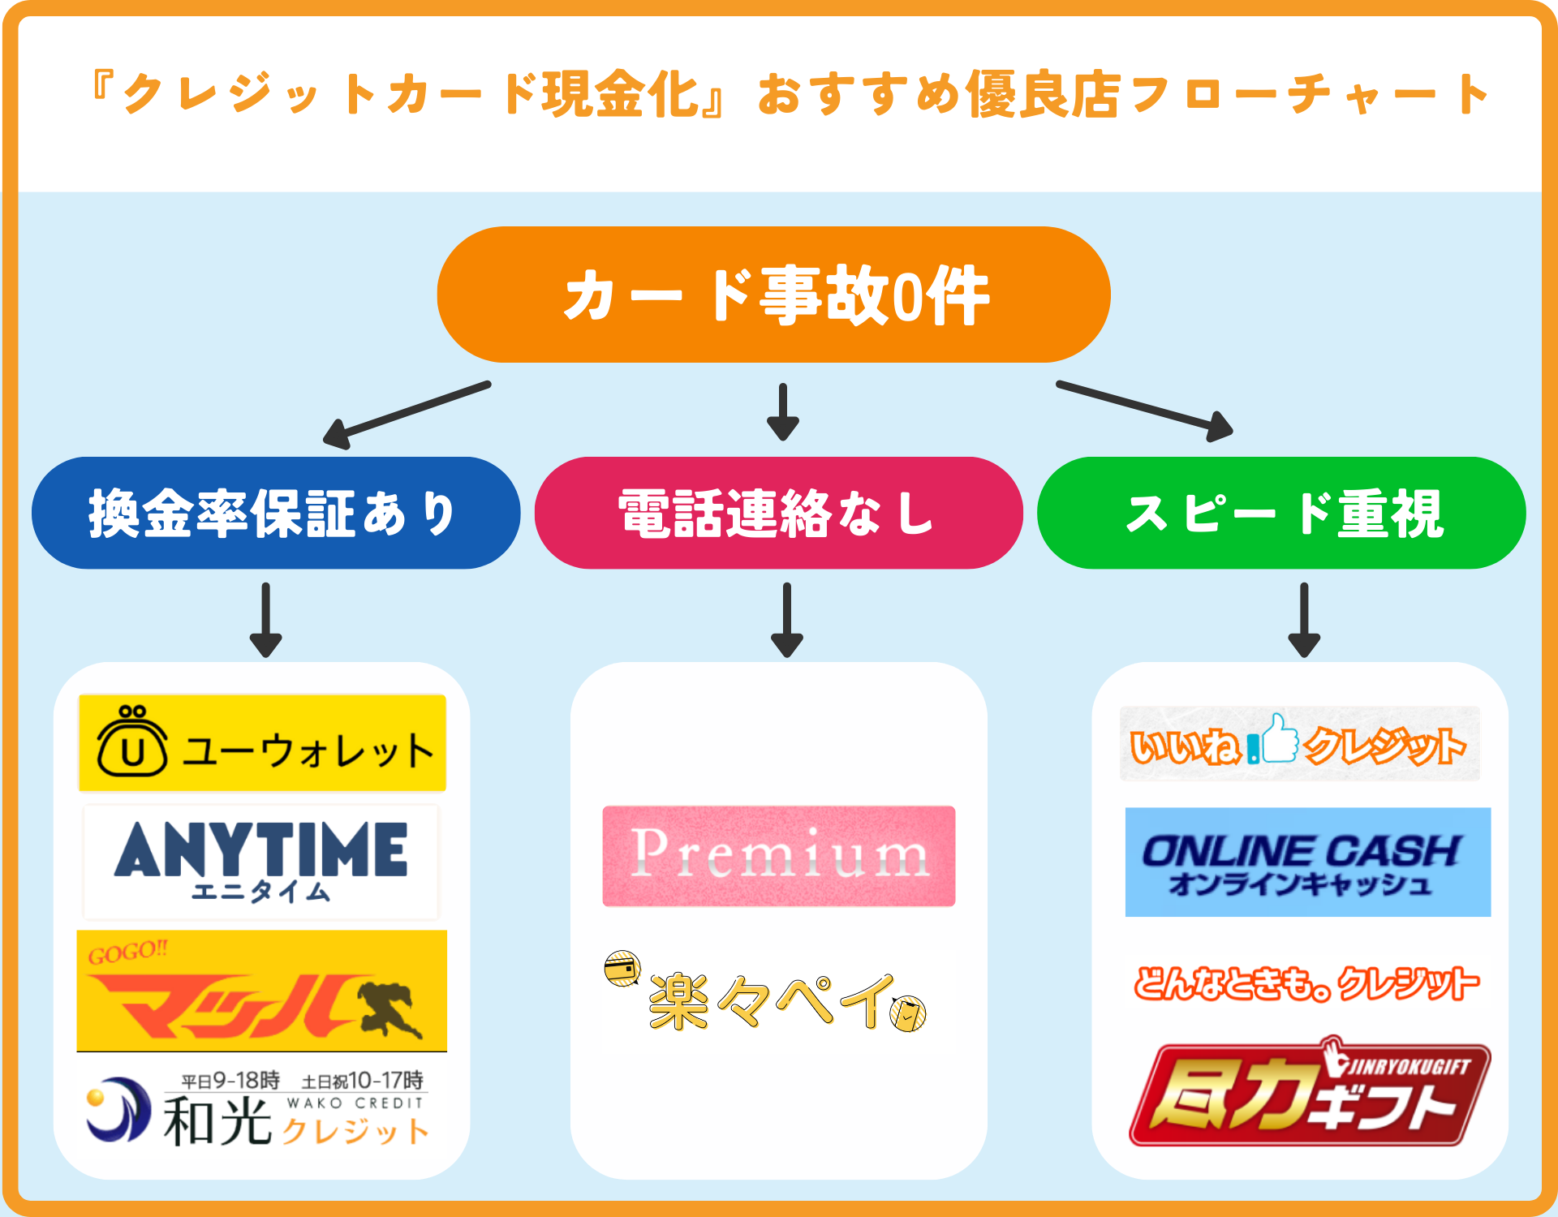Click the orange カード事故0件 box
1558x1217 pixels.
tap(773, 295)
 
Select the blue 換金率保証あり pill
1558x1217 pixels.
tap(276, 513)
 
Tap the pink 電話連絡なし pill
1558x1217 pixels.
tap(778, 513)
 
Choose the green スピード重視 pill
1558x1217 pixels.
tap(1281, 513)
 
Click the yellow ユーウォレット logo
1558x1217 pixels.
tap(262, 743)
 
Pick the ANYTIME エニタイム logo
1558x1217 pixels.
tap(260, 861)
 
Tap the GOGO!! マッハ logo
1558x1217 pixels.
tap(261, 991)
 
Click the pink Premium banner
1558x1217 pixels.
tap(778, 856)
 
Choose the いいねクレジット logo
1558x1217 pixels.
tap(1299, 743)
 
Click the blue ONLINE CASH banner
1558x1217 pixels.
tap(1307, 862)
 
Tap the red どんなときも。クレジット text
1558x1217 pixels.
tap(1306, 984)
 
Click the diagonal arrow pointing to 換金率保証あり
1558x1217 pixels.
tap(406, 415)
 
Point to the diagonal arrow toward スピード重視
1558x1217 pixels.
tap(1145, 410)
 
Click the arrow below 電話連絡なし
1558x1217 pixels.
tap(786, 620)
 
